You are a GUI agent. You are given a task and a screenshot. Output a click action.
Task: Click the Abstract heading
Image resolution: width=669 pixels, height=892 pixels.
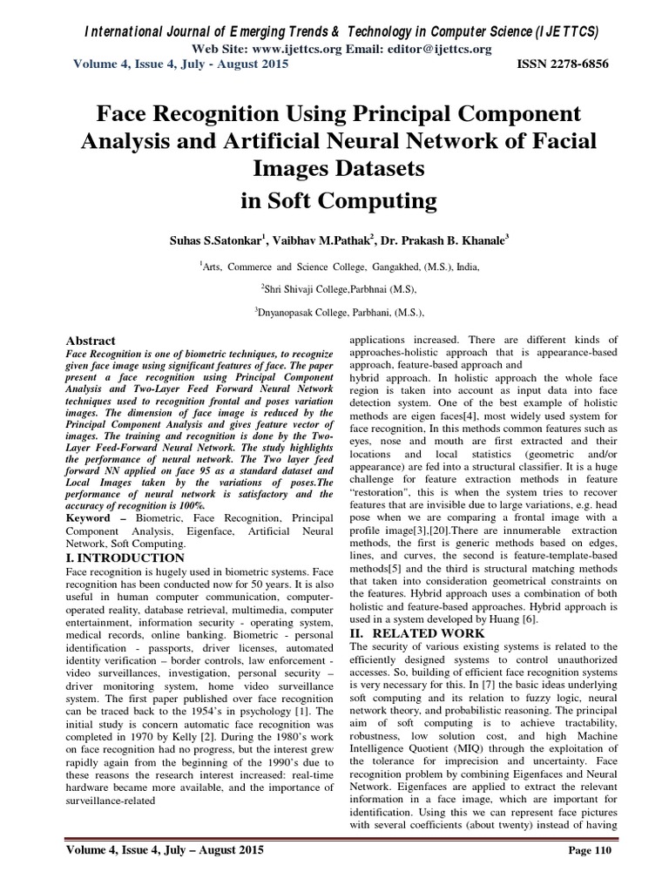pos(91,341)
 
